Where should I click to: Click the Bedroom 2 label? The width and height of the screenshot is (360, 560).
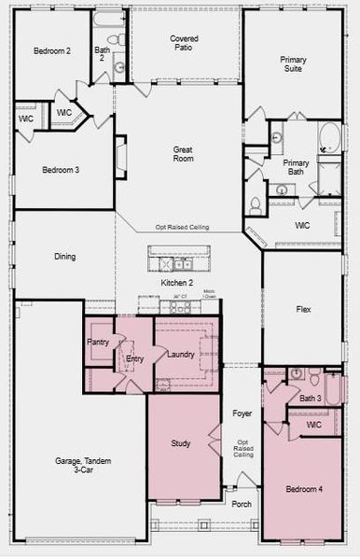coord(53,50)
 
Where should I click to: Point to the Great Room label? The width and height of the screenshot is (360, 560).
coord(184,155)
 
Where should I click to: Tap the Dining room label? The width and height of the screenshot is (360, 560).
coord(64,257)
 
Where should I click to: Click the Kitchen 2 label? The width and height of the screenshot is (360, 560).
coord(178,282)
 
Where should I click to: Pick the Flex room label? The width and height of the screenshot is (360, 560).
coord(303,309)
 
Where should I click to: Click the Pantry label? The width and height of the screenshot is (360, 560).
coord(98,343)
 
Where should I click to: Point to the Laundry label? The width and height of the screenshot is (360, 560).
coord(181,355)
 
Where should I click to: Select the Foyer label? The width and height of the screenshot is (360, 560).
coord(242,413)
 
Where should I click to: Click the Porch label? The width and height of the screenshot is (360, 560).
coord(242,504)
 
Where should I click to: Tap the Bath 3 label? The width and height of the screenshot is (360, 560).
coord(311,399)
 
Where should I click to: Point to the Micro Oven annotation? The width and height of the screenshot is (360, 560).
coord(210,296)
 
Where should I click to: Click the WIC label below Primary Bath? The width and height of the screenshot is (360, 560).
coord(303,226)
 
